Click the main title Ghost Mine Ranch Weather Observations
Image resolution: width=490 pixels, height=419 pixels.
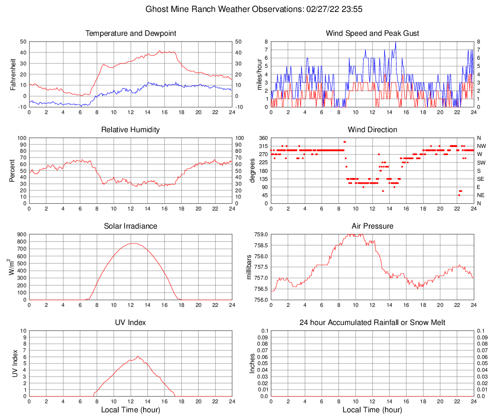point(244,9)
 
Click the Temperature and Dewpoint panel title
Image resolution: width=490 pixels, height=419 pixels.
point(131,33)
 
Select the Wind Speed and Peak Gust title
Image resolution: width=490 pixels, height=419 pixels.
point(372,33)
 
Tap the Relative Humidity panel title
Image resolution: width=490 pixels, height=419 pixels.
point(131,130)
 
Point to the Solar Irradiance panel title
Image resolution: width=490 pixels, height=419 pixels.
point(131,226)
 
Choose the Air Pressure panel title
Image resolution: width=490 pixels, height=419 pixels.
point(372,226)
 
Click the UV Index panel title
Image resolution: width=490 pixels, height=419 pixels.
point(131,323)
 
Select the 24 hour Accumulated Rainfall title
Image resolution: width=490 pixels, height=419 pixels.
point(372,323)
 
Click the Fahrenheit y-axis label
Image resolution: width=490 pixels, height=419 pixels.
point(13,74)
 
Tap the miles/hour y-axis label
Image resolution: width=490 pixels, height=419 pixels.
point(253,74)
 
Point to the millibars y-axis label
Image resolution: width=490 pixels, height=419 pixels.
point(249,267)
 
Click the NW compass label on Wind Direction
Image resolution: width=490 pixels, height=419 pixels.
point(481,146)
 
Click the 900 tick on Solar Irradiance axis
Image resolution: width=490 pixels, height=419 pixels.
point(22,234)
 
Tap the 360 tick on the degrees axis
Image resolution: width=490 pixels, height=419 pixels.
point(262,138)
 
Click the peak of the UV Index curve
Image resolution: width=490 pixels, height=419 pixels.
point(138,356)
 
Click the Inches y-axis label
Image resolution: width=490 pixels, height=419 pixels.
point(252,363)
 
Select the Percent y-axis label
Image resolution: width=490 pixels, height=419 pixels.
point(12,170)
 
